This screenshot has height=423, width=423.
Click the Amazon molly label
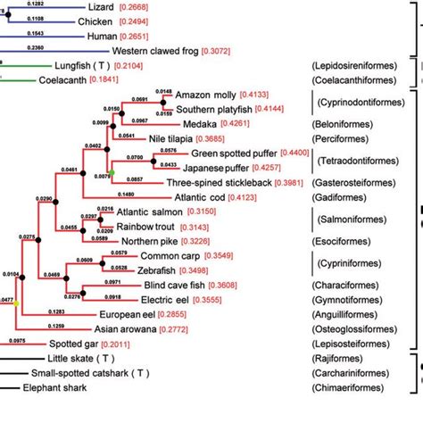tap(209, 95)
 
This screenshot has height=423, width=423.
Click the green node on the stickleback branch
tap(111, 170)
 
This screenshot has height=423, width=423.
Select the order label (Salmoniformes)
tap(352, 219)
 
